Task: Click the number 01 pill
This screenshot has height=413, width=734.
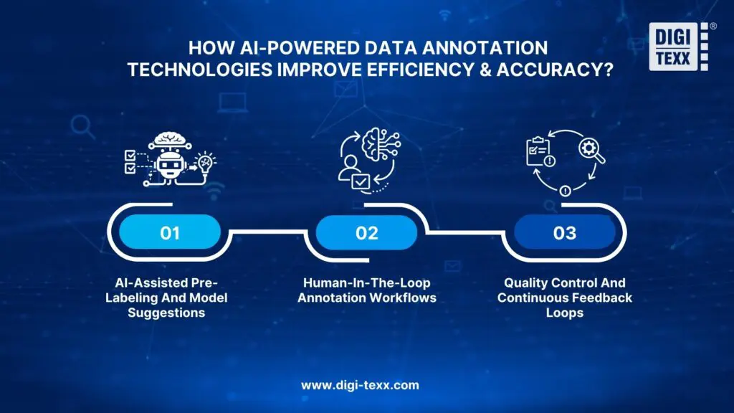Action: [x=170, y=234]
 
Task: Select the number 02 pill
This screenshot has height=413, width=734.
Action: [x=366, y=234]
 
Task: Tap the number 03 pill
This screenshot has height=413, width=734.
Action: [x=566, y=234]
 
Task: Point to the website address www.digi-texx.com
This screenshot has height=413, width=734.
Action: [x=360, y=385]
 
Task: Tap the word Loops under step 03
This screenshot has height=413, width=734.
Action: [x=565, y=313]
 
